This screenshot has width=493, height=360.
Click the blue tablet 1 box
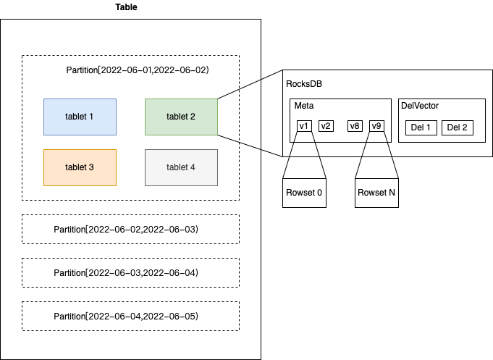[x=80, y=117]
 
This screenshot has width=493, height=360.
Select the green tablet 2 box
[x=181, y=117]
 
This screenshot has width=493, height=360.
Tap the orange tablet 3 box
[x=80, y=168]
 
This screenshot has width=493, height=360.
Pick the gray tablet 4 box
[x=181, y=168]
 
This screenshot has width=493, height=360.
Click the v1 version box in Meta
[x=304, y=126]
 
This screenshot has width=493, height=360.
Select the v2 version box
[x=326, y=126]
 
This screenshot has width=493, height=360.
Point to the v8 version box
[x=355, y=126]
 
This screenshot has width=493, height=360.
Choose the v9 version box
[x=376, y=126]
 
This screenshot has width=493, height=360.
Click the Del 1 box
[x=421, y=127]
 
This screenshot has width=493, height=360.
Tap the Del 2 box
[x=457, y=127]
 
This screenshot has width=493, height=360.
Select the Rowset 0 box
[x=304, y=193]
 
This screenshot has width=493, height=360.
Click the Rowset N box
[x=376, y=193]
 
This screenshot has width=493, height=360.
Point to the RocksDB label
[x=304, y=84]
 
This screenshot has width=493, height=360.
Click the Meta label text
[x=304, y=106]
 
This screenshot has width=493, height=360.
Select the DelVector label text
[x=420, y=106]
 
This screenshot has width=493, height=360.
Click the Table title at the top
[x=126, y=7]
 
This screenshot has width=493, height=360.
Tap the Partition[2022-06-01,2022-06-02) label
[x=138, y=70]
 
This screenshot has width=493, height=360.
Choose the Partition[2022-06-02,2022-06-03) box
[x=130, y=230]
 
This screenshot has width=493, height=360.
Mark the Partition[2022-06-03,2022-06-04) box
[x=130, y=273]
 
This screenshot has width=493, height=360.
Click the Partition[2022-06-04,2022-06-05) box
[x=130, y=317]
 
